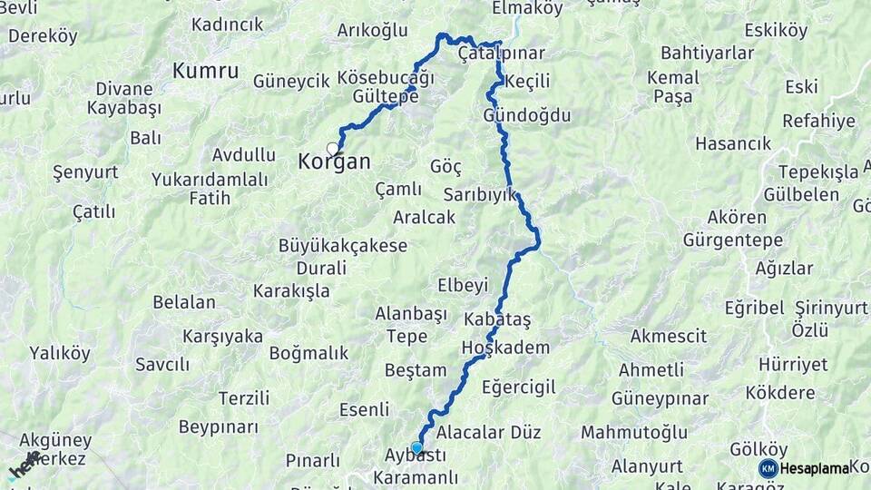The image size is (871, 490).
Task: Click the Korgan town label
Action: [x=334, y=162]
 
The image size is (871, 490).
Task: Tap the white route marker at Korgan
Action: [x=333, y=148]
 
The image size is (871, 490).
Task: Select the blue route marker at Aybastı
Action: [x=416, y=446]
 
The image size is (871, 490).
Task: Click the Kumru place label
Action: [x=206, y=71]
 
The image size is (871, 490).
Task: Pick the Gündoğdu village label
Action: [x=527, y=116]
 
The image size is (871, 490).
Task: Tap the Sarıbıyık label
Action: [x=479, y=194]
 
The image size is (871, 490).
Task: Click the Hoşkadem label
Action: [x=505, y=348]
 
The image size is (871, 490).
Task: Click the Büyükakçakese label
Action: [x=343, y=246]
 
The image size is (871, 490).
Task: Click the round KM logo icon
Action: [x=768, y=468]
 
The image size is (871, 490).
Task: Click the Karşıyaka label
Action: [x=222, y=337]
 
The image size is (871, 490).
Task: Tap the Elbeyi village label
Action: [x=463, y=286]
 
